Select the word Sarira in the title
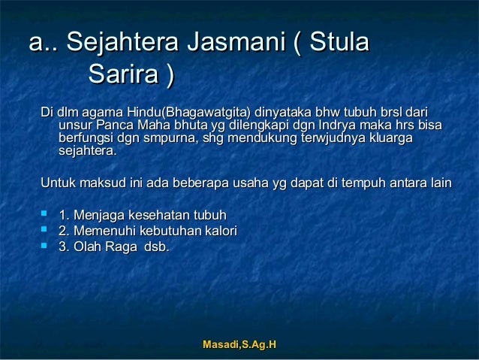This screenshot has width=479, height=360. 122,76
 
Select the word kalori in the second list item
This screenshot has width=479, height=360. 220,230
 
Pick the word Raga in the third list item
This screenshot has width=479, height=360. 121,245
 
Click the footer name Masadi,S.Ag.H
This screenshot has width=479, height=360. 239,344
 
